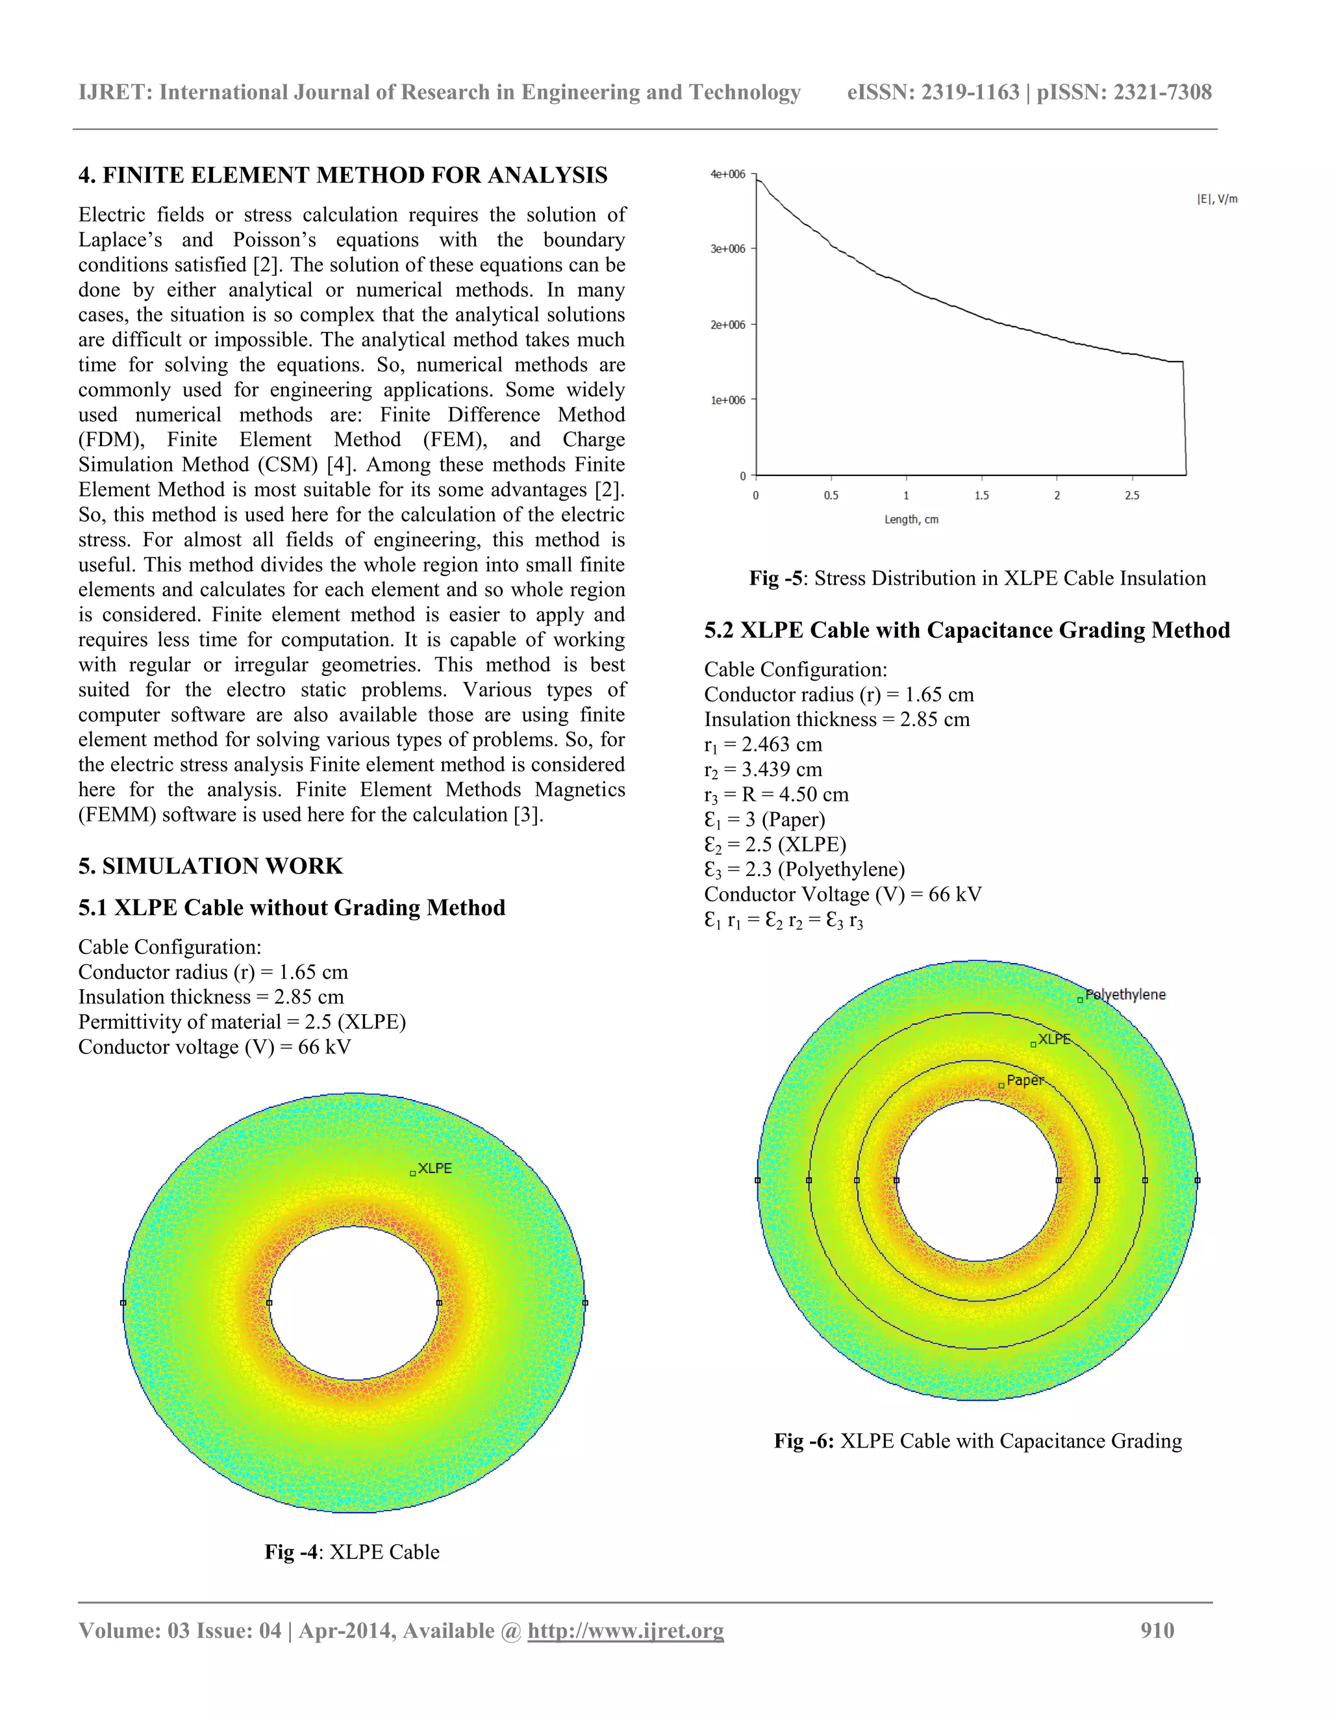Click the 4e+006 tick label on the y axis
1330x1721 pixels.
coord(727,174)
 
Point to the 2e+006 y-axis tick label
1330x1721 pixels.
coord(727,325)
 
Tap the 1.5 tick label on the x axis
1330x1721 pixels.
coord(981,496)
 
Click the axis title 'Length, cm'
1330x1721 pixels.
coord(911,520)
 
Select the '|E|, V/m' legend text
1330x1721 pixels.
coord(1216,199)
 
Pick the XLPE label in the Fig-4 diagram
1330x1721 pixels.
coord(434,1168)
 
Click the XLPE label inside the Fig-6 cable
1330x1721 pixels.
coord(1053,1039)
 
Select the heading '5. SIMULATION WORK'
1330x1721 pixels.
coord(210,866)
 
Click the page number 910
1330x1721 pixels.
coord(1157,1630)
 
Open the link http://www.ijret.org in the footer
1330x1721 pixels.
coord(625,1630)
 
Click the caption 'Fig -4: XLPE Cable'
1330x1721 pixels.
coord(351,1551)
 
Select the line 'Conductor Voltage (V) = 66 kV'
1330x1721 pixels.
coord(842,894)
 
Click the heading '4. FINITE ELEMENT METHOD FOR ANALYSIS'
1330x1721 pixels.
coord(343,175)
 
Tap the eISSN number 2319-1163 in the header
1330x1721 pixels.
coord(970,92)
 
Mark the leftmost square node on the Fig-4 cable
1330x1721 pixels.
coord(123,1303)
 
